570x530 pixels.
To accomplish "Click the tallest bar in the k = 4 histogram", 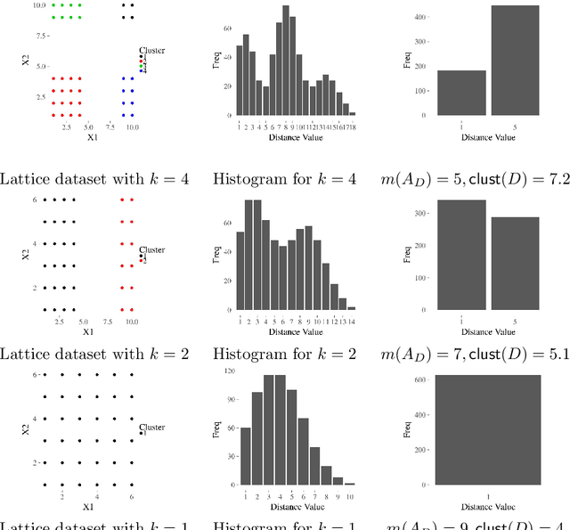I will (x=286, y=61).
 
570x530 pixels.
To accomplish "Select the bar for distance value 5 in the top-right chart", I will (x=515, y=61).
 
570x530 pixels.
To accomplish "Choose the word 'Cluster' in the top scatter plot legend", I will (x=152, y=51).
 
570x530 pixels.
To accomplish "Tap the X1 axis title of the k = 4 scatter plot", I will (x=91, y=138).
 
